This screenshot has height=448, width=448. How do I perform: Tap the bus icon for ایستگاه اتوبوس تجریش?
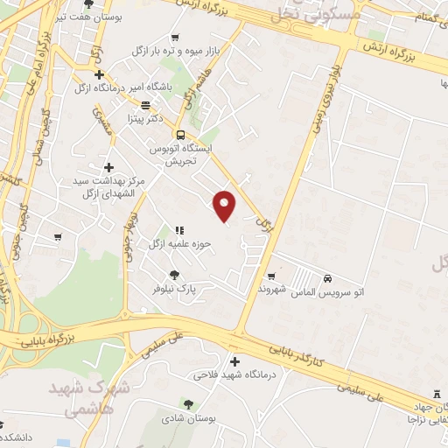(180, 135)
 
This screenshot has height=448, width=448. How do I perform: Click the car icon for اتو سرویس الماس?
(327, 278)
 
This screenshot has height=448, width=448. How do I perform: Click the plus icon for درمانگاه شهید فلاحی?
(234, 361)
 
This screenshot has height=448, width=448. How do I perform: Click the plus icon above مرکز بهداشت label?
(108, 167)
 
